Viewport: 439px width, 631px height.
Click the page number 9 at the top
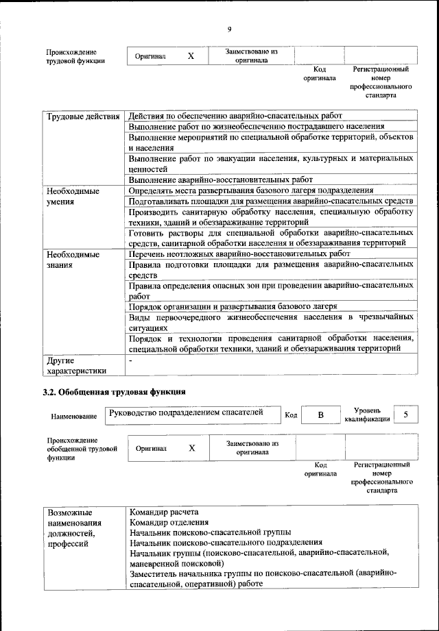pyautogui.click(x=229, y=28)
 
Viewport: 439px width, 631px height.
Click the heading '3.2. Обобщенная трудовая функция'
pyautogui.click(x=113, y=393)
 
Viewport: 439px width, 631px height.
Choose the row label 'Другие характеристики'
pyautogui.click(x=75, y=365)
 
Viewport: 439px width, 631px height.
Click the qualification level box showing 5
pyautogui.click(x=406, y=415)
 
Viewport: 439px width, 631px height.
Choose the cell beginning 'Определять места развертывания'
pyautogui.click(x=250, y=190)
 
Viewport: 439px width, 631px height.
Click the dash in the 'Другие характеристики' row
pyautogui.click(x=130, y=359)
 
